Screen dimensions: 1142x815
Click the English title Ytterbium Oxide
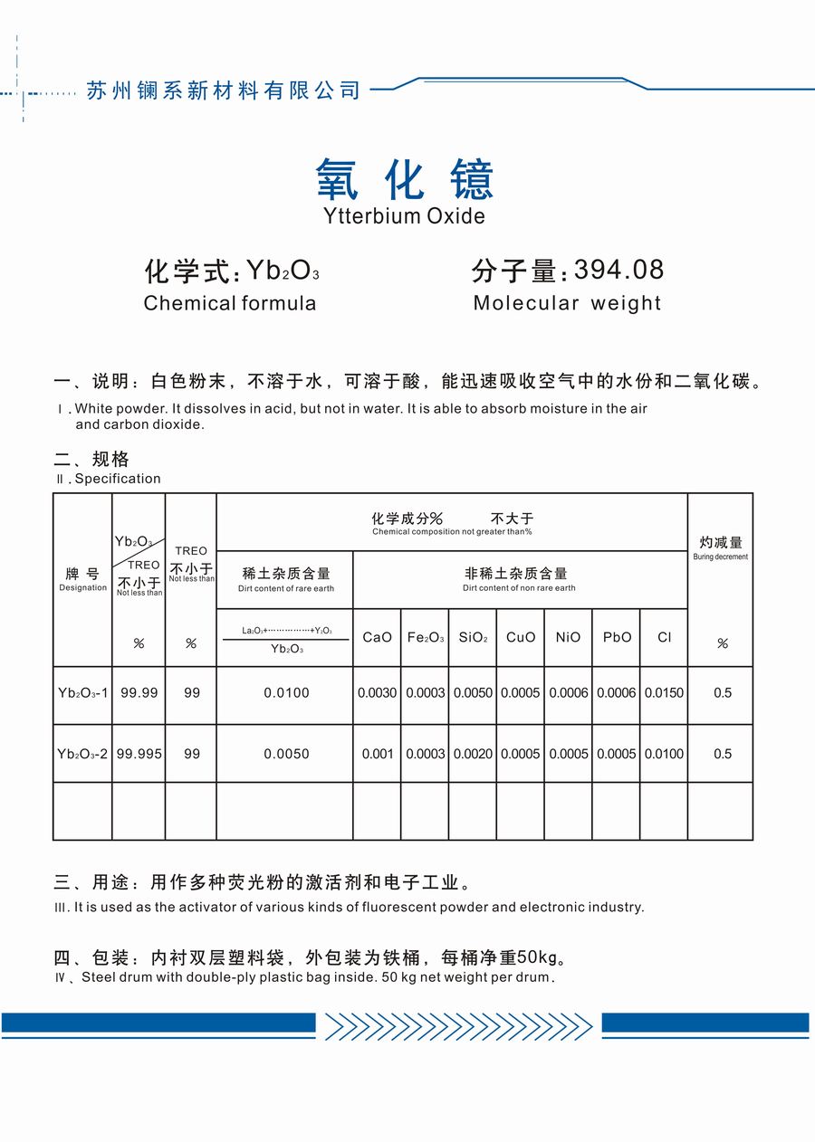tap(404, 216)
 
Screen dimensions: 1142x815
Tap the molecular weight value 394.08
tap(619, 270)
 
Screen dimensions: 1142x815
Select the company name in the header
tap(223, 90)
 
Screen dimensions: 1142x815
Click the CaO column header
tap(377, 637)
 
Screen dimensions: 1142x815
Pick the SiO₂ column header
tap(473, 637)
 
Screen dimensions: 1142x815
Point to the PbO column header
tap(617, 637)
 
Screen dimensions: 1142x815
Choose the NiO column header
tap(568, 637)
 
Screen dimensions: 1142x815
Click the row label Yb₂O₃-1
tap(82, 693)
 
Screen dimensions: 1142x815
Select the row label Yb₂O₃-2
tap(82, 754)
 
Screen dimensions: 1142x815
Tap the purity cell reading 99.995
tap(139, 754)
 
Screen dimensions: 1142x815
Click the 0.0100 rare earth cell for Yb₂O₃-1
tap(286, 693)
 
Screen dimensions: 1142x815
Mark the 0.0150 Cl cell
tap(664, 693)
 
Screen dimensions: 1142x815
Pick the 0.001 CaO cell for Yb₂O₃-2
tap(377, 754)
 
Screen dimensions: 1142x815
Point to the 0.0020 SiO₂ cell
tap(473, 754)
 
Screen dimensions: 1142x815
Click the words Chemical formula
tap(230, 303)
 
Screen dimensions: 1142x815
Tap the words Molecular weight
tap(567, 303)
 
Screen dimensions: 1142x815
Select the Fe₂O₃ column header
tap(426, 637)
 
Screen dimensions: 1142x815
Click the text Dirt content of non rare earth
tap(519, 588)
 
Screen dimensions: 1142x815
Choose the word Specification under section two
tap(118, 479)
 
